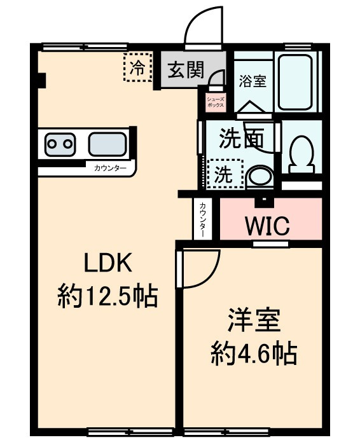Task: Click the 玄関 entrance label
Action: (x=186, y=69)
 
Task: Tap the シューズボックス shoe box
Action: (x=216, y=102)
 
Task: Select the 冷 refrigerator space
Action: (x=137, y=67)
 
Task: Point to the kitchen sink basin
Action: (x=107, y=144)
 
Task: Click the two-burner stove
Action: (x=60, y=144)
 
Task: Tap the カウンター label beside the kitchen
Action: (x=110, y=168)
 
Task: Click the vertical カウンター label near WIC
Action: (x=202, y=219)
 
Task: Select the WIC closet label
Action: (x=268, y=226)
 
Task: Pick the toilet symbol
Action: (x=301, y=155)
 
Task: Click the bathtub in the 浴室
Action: (x=294, y=82)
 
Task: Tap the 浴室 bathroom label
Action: (x=253, y=81)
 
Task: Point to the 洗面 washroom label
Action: (x=241, y=139)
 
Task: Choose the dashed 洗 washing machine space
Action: (x=225, y=174)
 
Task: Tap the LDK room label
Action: (x=108, y=263)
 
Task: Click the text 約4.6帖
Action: (x=254, y=353)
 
